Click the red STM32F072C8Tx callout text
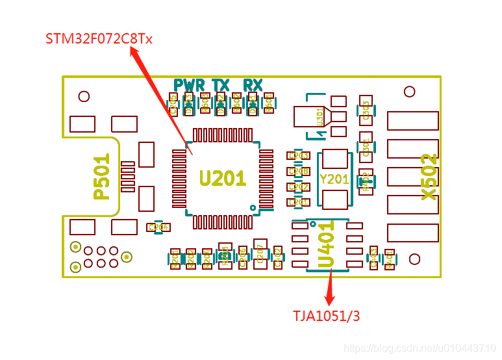coord(99,39)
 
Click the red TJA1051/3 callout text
coord(326,316)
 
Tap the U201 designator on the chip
coord(222,178)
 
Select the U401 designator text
coord(326,246)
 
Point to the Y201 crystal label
coord(334,179)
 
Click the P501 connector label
coord(102,177)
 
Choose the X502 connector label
coord(429,177)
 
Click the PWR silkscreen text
coord(189,85)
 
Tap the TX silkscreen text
coord(221,85)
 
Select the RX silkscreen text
coord(253,85)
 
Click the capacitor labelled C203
coord(299,156)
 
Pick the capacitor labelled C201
coord(299,203)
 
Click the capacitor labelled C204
coord(159,227)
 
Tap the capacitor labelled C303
coord(366,110)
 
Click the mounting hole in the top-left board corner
coord(84,97)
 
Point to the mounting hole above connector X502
coord(409,92)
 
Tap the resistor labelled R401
coord(390,259)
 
